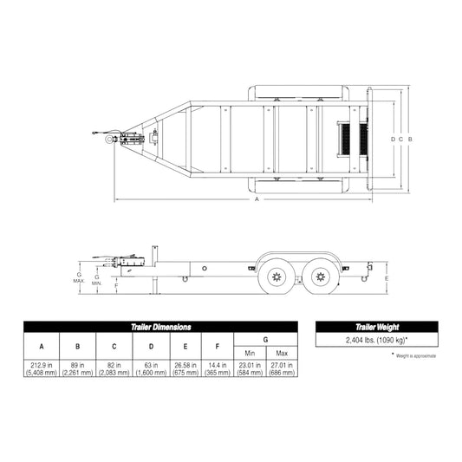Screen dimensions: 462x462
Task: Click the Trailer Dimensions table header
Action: coord(161,327)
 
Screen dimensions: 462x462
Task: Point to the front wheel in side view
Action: coord(278,277)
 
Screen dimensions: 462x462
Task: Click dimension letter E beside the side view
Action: coord(387,277)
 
